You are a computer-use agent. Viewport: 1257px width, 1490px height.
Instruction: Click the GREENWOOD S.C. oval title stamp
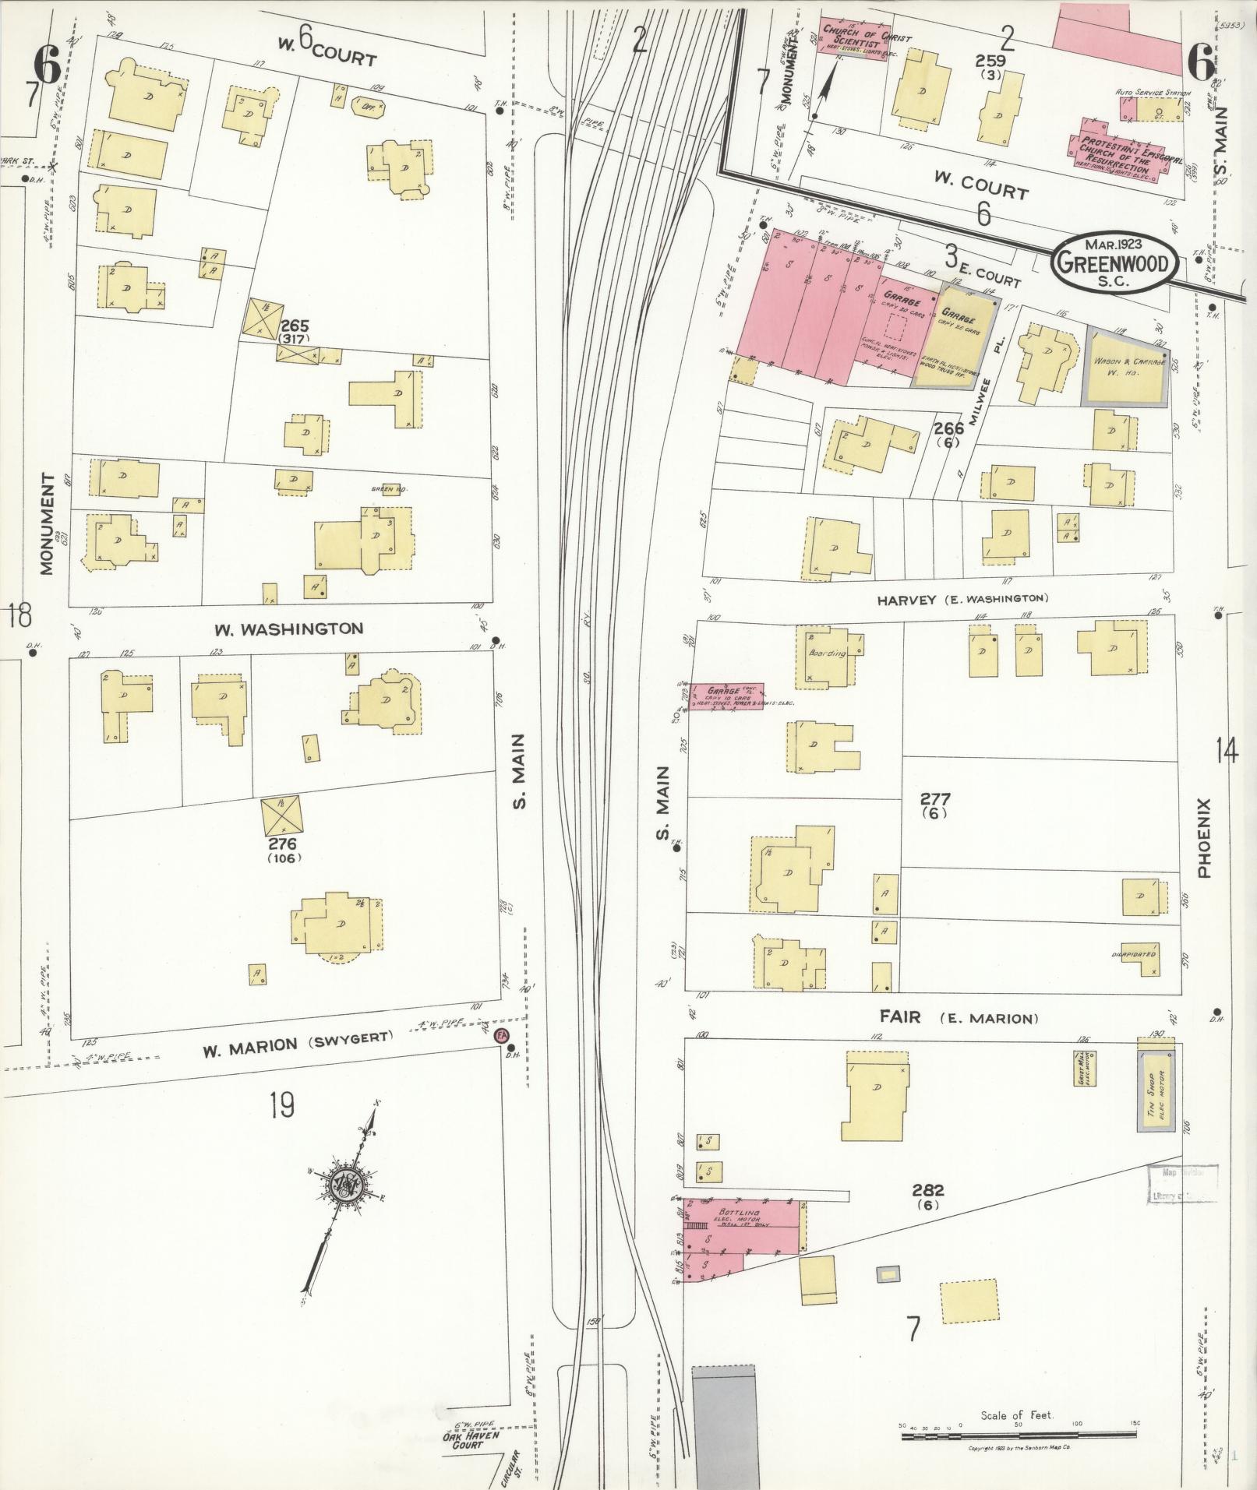(x=1112, y=262)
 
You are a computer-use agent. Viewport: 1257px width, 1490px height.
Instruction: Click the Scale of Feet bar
(x=1018, y=1435)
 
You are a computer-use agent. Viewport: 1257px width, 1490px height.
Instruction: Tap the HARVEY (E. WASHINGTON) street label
(x=962, y=599)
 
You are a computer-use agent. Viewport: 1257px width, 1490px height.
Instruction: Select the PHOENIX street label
(x=1203, y=838)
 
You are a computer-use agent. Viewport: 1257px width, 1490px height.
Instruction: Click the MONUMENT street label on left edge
(x=48, y=523)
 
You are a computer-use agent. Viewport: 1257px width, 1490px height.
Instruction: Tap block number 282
(x=927, y=1212)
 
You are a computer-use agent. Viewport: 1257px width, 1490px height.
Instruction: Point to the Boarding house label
(x=826, y=653)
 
